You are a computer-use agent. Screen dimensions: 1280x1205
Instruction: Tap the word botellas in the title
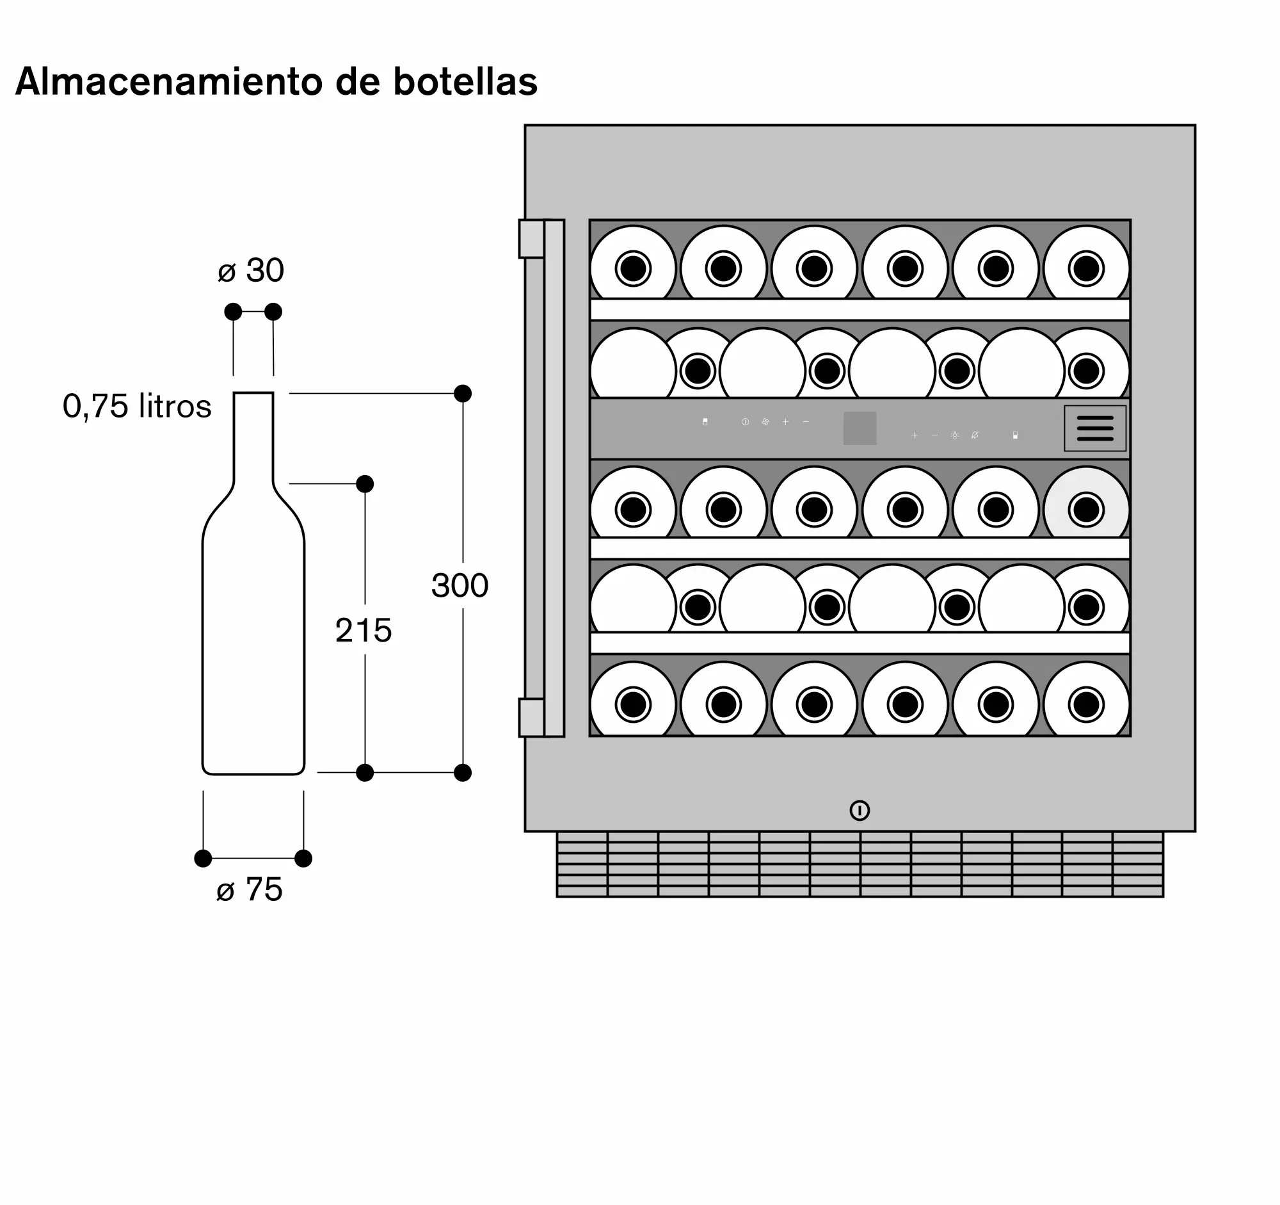click(x=465, y=82)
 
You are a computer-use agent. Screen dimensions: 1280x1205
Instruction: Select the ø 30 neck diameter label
click(x=251, y=270)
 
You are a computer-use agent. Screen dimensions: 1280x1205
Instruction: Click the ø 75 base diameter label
click(x=250, y=889)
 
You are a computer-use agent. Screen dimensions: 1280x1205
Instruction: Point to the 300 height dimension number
click(x=460, y=585)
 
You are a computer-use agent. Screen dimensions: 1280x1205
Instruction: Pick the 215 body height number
click(x=363, y=630)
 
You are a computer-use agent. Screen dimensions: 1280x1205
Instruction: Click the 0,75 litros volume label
click(x=137, y=407)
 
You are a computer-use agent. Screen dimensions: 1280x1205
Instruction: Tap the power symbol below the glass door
click(x=860, y=810)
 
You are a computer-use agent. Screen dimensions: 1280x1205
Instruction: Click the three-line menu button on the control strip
click(x=1095, y=428)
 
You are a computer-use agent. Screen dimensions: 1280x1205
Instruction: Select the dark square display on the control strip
click(x=860, y=428)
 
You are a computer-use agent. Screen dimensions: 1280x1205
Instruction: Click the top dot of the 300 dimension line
click(x=463, y=394)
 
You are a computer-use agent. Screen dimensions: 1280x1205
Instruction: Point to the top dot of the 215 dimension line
click(x=365, y=483)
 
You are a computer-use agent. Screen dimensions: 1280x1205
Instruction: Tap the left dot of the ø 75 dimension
click(x=203, y=859)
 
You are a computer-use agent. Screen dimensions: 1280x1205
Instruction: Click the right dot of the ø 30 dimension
click(x=273, y=312)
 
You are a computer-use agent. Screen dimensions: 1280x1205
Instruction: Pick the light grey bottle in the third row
click(x=1086, y=503)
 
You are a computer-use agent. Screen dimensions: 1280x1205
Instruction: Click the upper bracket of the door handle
click(x=532, y=239)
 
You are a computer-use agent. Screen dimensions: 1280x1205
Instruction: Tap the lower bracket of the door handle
click(x=532, y=718)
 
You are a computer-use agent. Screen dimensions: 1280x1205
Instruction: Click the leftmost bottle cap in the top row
click(x=633, y=268)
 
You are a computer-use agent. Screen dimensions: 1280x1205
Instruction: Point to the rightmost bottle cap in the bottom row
click(x=1086, y=704)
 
